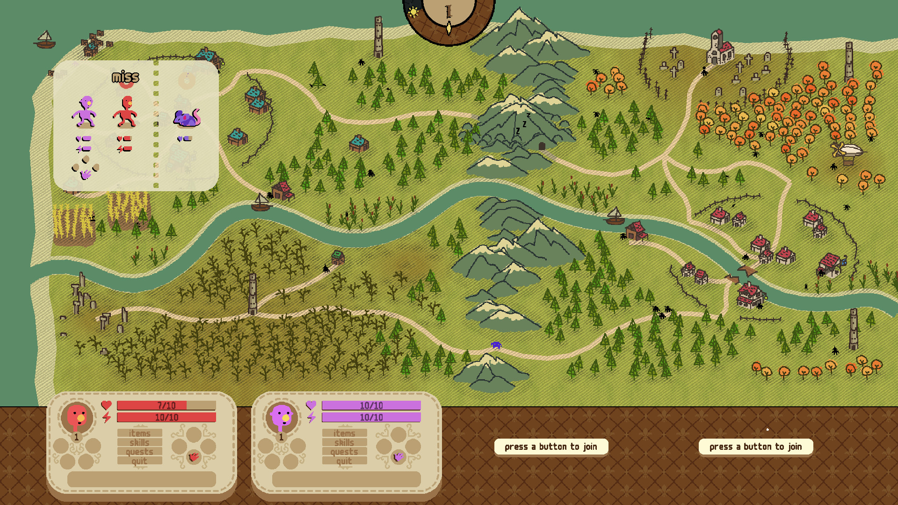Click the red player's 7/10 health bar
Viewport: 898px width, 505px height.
[166, 405]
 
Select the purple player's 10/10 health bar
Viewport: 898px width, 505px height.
[371, 405]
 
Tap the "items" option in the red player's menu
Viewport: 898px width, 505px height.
[139, 433]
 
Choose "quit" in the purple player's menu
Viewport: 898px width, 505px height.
[344, 461]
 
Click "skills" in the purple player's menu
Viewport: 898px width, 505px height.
[344, 442]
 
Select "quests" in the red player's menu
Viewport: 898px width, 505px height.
[139, 452]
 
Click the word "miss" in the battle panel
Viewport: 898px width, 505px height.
[125, 77]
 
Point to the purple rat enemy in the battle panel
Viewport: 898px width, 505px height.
[187, 118]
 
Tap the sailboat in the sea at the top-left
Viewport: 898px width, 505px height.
[45, 40]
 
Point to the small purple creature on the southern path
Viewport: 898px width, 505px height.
[496, 345]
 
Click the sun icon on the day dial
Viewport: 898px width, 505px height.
[413, 12]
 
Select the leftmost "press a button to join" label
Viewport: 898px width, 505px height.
[551, 447]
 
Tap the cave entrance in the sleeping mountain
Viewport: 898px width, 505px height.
[542, 146]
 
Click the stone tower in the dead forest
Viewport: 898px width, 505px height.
[253, 293]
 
